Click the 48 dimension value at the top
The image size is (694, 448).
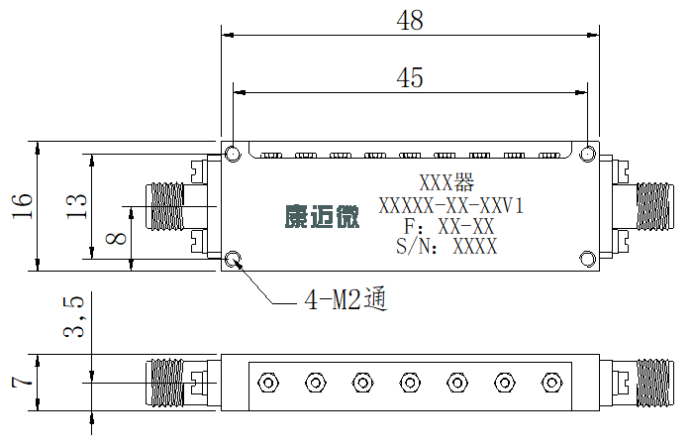click(410, 20)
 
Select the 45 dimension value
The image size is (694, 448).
click(410, 77)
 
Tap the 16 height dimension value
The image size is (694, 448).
click(22, 205)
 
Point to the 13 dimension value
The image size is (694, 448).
click(76, 205)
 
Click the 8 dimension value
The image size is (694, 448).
click(116, 239)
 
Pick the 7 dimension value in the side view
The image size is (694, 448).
click(22, 382)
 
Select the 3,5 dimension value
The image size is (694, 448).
click(73, 316)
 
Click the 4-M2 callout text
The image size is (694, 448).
click(346, 300)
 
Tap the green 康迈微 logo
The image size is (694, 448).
click(322, 216)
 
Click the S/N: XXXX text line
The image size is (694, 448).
click(446, 246)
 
